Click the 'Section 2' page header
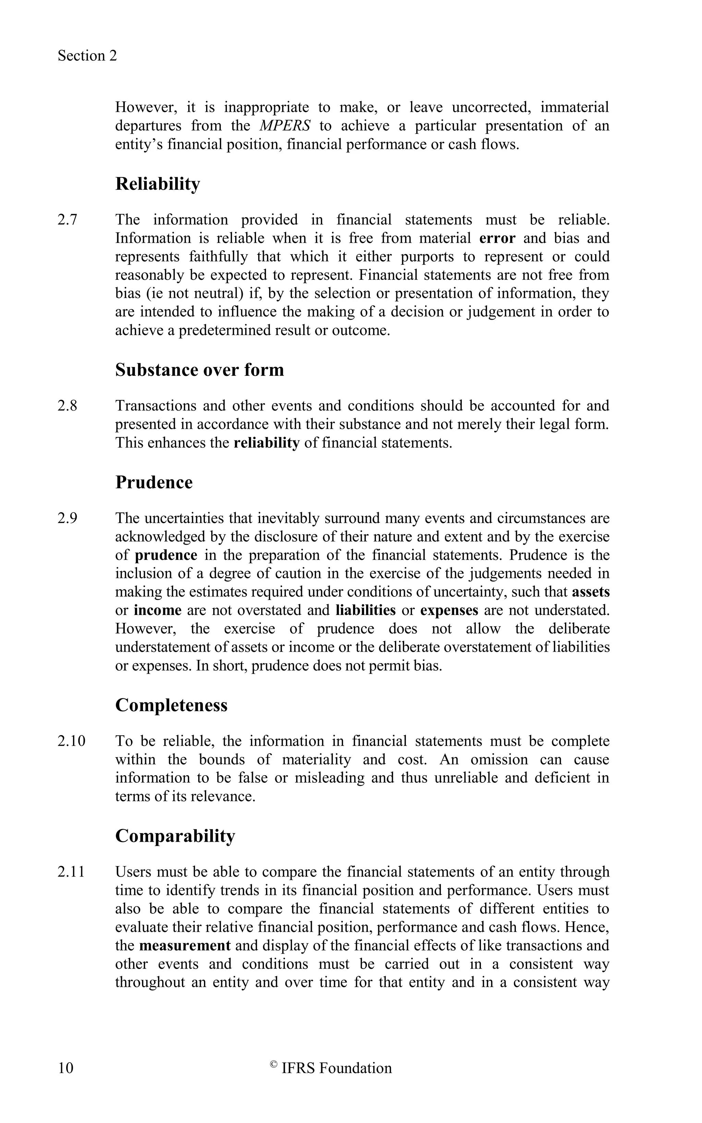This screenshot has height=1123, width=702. [x=87, y=56]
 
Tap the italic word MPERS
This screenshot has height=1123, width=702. [x=284, y=126]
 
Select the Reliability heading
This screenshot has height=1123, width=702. [x=157, y=184]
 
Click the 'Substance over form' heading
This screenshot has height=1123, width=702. [x=199, y=370]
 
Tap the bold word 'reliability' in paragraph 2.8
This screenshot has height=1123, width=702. [x=266, y=443]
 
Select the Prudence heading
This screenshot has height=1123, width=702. [x=154, y=482]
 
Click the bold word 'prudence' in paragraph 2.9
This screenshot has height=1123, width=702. [x=166, y=555]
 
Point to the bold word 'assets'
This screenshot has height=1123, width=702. [x=591, y=592]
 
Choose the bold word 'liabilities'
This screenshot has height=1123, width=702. [x=365, y=610]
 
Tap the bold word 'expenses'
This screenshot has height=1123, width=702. [x=449, y=610]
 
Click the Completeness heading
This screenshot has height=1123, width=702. [x=171, y=705]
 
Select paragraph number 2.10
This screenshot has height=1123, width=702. [x=72, y=741]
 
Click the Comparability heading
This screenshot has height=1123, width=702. [x=175, y=836]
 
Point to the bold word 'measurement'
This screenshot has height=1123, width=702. [x=185, y=946]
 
